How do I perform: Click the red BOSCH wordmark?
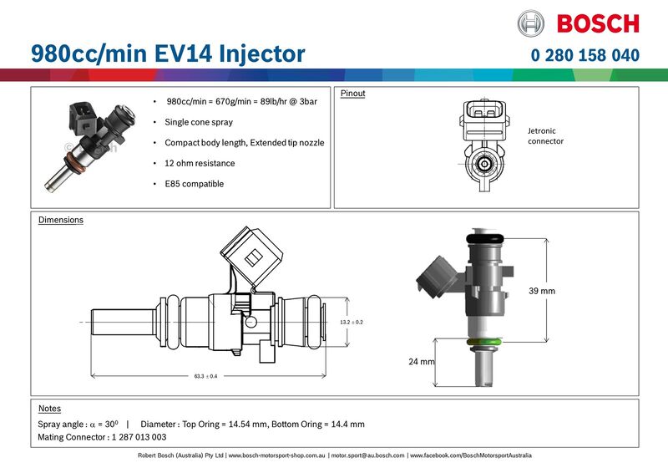point(597,23)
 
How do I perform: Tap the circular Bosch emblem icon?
point(531,23)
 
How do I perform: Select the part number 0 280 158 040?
point(584,55)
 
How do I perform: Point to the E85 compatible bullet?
point(195,184)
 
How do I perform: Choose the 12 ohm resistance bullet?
point(200,163)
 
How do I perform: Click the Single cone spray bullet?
point(199,122)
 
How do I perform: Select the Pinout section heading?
point(352,94)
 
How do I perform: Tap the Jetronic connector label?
point(545,136)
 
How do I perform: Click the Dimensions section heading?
point(61,221)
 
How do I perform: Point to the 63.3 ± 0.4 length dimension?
point(205,376)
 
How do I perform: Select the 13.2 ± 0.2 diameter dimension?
point(352,322)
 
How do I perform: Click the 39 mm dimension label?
point(542,291)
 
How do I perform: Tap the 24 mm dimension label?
point(423,362)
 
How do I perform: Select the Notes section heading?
point(49,409)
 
